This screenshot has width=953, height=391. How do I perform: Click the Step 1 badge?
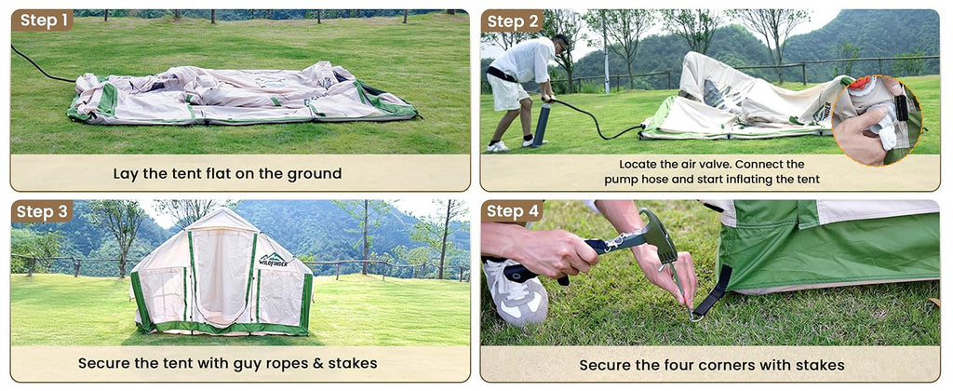coord(42,20)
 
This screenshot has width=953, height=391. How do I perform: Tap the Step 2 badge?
coord(512,21)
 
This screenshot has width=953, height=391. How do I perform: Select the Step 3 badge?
coord(42,211)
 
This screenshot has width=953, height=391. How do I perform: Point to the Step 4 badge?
coord(512,211)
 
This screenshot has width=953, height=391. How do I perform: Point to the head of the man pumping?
coord(561,45)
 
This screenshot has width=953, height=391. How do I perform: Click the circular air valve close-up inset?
coord(877,120)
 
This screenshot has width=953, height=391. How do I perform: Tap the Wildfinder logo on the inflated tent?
coord(274,261)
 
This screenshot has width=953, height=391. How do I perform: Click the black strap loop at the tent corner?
coord(713,292)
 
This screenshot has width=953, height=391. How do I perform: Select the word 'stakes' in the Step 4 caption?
coord(820,365)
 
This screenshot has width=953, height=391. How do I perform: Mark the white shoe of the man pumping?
coord(497,146)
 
